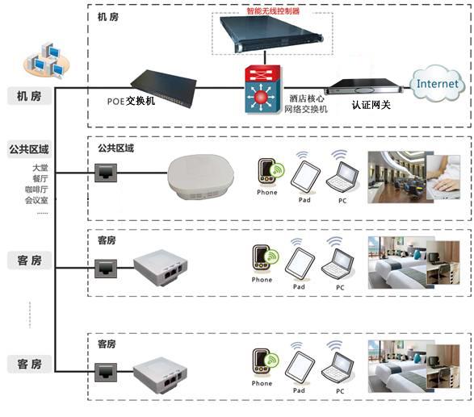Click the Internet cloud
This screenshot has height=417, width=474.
pos(437,83)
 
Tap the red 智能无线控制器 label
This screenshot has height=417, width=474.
pos(273,11)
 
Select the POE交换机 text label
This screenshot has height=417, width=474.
pos(131,101)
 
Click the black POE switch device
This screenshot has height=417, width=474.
pos(164,88)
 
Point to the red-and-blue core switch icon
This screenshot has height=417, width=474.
pos(263,90)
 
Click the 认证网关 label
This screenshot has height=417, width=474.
pos(371,105)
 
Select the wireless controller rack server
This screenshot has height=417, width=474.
pos(271,34)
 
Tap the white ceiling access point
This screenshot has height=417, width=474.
pos(201,177)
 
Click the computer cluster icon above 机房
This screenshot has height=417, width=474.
pos(47,60)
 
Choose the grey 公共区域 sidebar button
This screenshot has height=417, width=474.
pos(29,149)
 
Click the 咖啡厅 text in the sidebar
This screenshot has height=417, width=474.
pos(36,190)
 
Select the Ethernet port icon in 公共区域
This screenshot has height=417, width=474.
pos(106,173)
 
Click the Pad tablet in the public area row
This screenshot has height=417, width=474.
pos(305,176)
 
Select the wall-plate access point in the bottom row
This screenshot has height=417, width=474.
pos(160,375)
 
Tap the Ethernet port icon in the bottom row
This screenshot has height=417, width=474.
pos(106,373)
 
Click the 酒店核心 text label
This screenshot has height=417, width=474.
pos(307,98)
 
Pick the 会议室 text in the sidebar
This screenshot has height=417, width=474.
pos(36,200)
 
